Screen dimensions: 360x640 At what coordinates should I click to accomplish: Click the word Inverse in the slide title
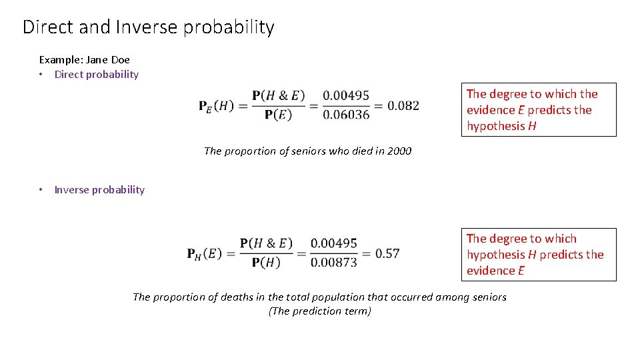(146, 27)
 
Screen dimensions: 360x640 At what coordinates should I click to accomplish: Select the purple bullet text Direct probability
(97, 75)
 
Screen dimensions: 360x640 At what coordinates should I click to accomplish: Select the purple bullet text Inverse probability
(99, 190)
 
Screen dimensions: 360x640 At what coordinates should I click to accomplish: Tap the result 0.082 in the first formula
(403, 105)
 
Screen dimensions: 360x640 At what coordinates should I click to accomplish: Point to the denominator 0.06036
(346, 115)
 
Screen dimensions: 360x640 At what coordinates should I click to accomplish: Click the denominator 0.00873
(334, 262)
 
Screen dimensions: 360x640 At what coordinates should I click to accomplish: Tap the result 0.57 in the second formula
(387, 253)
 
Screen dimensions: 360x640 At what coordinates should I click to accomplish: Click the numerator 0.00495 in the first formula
(346, 97)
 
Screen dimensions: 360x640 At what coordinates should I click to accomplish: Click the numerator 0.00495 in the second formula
(334, 244)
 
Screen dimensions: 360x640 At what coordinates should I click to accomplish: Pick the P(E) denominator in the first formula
(278, 115)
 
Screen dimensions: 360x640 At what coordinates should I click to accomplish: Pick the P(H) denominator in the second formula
(266, 262)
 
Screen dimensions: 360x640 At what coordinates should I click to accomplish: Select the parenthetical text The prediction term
(320, 311)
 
